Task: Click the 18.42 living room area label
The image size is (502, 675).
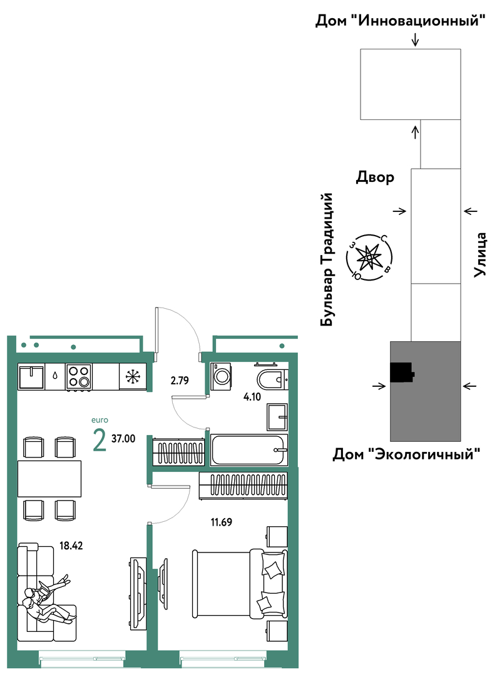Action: (71, 546)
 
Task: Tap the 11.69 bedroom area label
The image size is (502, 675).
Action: (221, 522)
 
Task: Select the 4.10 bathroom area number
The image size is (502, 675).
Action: (252, 396)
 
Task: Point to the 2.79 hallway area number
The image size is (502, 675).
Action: (180, 381)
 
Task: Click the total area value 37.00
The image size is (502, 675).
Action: (123, 439)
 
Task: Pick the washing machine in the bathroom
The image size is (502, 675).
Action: (221, 374)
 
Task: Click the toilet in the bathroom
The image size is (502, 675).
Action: (272, 378)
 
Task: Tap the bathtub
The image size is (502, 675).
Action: (249, 450)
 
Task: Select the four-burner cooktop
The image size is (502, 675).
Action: (78, 377)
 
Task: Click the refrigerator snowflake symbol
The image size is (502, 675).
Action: (133, 377)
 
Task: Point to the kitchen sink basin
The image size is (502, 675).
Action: (31, 377)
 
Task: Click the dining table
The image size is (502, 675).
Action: (49, 479)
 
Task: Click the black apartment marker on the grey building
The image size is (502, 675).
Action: (402, 372)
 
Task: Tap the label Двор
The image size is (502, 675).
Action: (375, 177)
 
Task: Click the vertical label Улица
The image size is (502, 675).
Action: (479, 254)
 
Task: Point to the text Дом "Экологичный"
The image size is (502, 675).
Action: (406, 454)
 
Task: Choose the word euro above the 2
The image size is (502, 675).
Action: (100, 420)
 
